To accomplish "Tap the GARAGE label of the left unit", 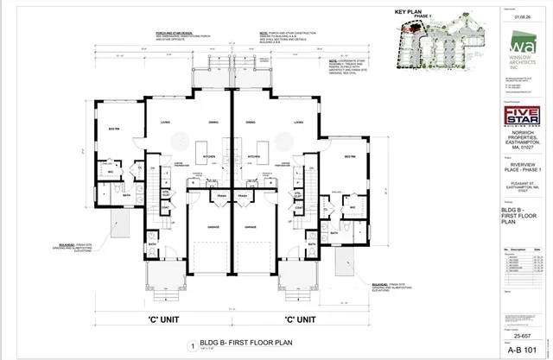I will click(x=210, y=228).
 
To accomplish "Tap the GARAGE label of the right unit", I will click(x=251, y=228).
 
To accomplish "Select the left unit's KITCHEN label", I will click(x=208, y=156).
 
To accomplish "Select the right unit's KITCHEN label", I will click(x=254, y=156).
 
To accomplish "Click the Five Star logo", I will click(x=520, y=116).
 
